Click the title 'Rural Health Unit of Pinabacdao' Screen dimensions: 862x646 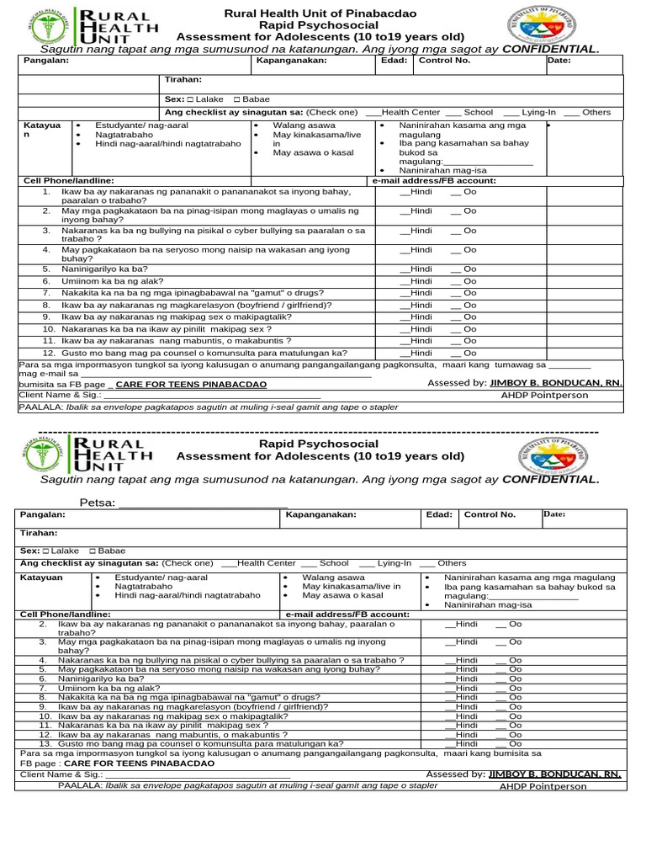(x=320, y=13)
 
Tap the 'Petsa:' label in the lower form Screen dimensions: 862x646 (x=98, y=503)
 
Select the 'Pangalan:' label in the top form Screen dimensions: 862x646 (x=45, y=61)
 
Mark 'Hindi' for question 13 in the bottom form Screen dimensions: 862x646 (x=465, y=744)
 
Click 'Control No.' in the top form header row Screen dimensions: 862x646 (x=444, y=61)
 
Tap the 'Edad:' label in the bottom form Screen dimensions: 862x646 (x=439, y=514)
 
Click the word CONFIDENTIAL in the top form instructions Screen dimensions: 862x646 (x=550, y=50)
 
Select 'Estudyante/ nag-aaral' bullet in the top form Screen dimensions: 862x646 (x=141, y=125)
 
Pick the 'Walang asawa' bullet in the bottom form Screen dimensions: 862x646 (x=333, y=577)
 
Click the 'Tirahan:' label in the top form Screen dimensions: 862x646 (x=183, y=80)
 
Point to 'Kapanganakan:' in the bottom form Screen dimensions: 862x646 (x=321, y=514)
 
